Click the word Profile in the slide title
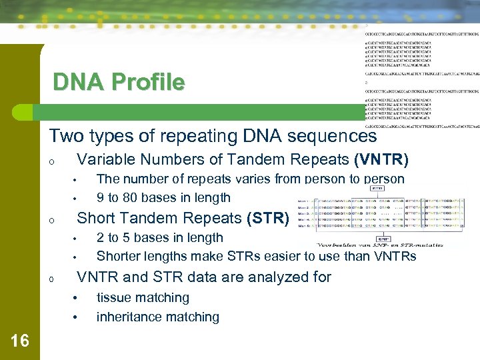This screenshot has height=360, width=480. point(148,83)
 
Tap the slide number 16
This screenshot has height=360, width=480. point(20,341)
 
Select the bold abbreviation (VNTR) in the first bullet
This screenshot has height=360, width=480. point(381,160)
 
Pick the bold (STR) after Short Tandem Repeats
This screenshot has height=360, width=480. point(268,218)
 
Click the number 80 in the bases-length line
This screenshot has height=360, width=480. point(135,197)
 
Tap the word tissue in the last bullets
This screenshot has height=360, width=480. point(114,297)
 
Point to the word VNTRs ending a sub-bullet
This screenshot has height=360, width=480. point(394,256)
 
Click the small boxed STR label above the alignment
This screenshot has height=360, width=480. point(377,189)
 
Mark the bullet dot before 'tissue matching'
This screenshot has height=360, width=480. point(76,298)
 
